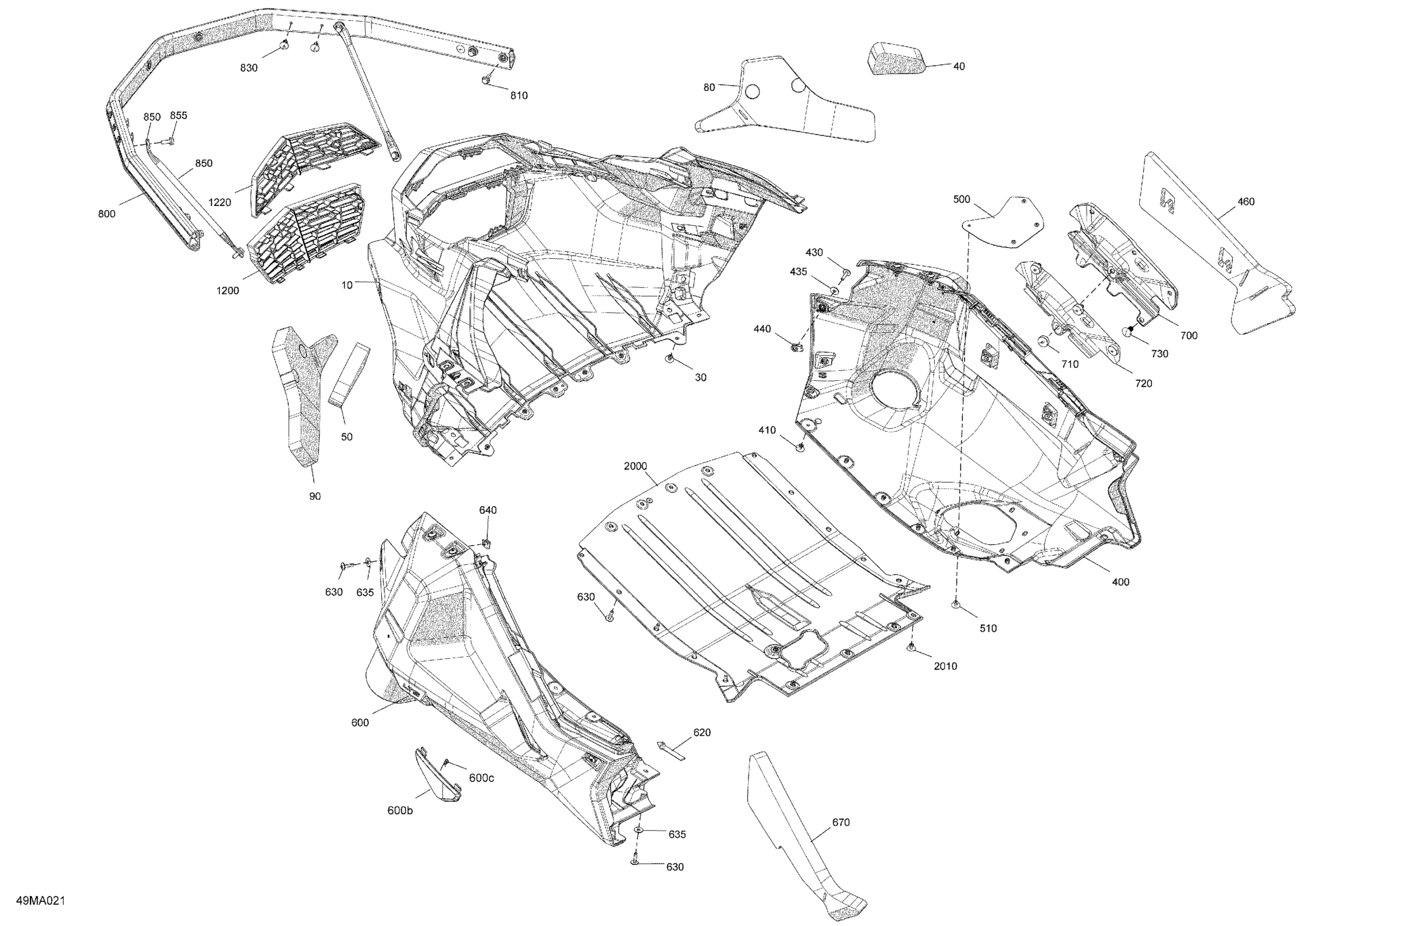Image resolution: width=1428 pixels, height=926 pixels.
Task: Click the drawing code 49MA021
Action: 40,901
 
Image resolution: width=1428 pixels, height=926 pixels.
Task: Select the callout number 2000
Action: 636,466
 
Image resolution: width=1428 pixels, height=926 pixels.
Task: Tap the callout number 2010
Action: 945,666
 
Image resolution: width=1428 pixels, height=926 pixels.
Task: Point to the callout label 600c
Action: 481,778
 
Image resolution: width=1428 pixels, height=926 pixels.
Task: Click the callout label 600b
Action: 400,811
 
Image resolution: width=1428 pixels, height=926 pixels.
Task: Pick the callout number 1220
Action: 219,202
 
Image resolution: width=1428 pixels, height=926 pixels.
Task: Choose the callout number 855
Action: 178,115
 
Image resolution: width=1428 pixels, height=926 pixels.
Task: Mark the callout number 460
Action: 1246,202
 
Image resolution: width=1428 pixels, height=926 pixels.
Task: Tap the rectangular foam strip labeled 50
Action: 349,376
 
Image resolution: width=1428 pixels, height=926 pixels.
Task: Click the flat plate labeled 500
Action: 1003,222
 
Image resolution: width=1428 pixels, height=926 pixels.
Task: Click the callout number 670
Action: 840,822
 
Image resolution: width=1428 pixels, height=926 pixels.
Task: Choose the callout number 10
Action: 347,285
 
